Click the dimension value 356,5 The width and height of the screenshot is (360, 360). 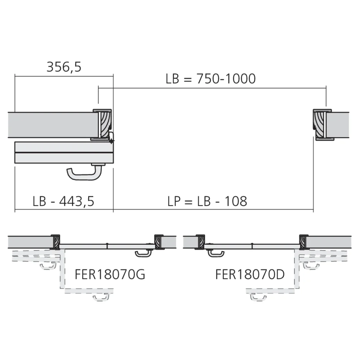(x=64, y=67)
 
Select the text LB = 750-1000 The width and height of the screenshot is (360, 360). (x=211, y=79)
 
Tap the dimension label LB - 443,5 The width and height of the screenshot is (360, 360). (x=63, y=201)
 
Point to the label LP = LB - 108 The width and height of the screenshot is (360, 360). (x=207, y=201)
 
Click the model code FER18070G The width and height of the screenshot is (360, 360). (x=110, y=275)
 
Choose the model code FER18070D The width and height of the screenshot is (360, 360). (x=250, y=275)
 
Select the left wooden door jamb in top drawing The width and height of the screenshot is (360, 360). (x=104, y=125)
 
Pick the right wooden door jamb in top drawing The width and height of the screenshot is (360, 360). (x=320, y=125)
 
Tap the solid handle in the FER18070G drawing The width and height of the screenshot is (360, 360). (x=143, y=254)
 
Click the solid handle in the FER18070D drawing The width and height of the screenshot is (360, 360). (x=216, y=253)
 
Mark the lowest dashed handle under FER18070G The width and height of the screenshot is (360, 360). (x=101, y=297)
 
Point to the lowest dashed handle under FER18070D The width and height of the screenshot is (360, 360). (x=258, y=297)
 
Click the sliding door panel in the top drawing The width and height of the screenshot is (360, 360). (x=64, y=153)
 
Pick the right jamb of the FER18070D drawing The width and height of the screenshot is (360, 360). (x=303, y=242)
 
